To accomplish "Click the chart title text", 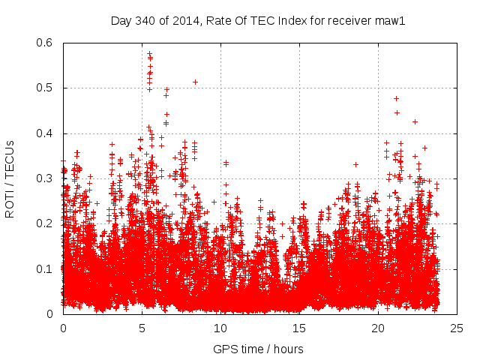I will [258, 21].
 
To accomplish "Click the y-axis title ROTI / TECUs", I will [10, 178].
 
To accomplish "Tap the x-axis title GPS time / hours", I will [258, 349].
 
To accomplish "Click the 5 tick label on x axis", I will [142, 328].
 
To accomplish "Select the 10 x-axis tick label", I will [220, 328].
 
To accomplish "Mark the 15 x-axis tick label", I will [299, 328].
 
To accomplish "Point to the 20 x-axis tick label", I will [378, 328].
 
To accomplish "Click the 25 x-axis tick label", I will [457, 328].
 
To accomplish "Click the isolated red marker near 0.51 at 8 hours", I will [195, 82].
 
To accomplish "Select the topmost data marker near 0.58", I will [149, 53].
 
